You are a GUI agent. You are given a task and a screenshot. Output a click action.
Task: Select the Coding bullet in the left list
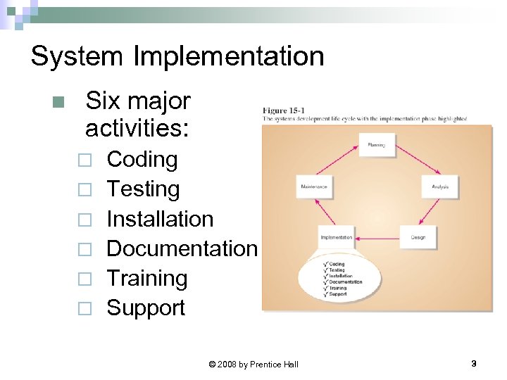(142, 160)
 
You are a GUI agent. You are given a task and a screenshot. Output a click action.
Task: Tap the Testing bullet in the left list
(143, 189)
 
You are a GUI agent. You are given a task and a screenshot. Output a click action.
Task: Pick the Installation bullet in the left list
(160, 219)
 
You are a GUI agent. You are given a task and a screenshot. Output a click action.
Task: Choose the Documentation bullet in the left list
(182, 248)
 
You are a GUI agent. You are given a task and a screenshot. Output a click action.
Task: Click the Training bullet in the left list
(146, 278)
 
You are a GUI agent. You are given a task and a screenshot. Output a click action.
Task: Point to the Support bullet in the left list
(146, 308)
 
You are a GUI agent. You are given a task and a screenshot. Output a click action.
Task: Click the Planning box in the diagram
(376, 146)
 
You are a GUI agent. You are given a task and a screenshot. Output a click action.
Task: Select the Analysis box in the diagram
(440, 186)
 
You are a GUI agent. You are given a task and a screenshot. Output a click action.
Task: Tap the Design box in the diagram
(418, 237)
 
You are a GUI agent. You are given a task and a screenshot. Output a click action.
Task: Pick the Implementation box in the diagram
(337, 238)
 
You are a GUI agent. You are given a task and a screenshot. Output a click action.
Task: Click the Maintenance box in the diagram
(313, 186)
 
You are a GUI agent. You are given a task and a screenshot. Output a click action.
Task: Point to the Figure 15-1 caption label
(283, 110)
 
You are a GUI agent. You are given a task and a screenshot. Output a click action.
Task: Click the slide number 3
(473, 363)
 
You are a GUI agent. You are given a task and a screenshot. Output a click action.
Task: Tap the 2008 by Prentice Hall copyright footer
(254, 364)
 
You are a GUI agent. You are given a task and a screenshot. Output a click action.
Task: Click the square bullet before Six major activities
(58, 102)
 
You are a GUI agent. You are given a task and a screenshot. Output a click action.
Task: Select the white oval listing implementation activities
(339, 279)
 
